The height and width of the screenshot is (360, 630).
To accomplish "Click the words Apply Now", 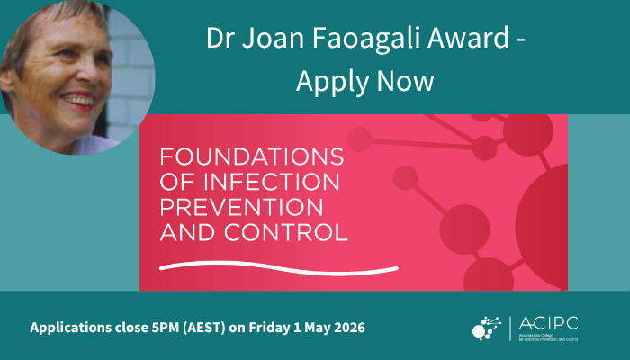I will click(364, 82).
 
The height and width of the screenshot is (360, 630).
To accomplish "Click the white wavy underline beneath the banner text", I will click(278, 266).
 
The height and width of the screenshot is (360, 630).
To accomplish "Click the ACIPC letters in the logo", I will click(554, 321).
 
